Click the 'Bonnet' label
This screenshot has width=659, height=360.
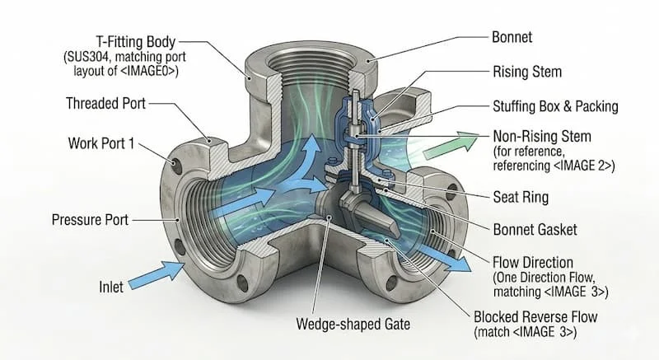coord(512,38)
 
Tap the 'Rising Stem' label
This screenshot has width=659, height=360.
coord(526,72)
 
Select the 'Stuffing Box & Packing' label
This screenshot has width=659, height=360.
coord(554,106)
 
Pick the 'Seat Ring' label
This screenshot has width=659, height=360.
coord(521,198)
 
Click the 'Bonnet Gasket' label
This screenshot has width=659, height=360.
coord(535,229)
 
